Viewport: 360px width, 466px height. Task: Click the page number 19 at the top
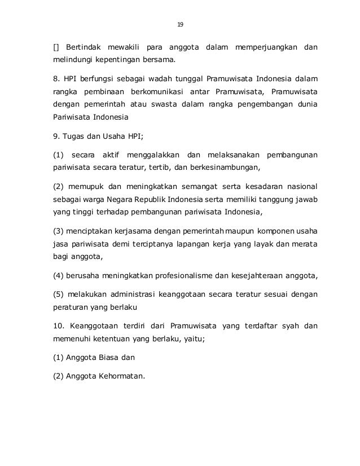point(180,25)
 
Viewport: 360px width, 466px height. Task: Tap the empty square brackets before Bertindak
point(56,45)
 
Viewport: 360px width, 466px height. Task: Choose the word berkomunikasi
point(156,91)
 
